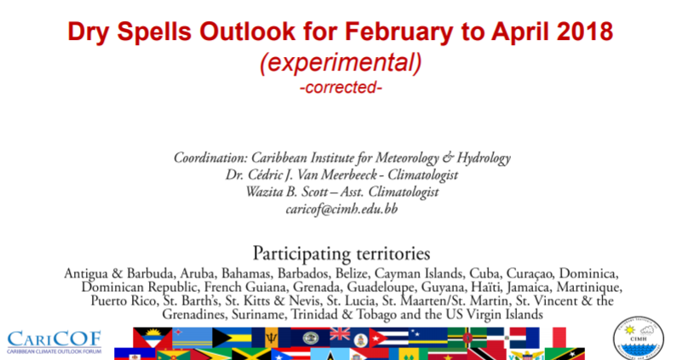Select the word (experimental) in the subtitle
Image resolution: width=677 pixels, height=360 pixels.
[341, 63]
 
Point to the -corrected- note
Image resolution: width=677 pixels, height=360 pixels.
[341, 88]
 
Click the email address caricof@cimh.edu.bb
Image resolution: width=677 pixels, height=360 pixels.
[341, 209]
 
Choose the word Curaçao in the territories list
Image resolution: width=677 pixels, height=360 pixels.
[530, 274]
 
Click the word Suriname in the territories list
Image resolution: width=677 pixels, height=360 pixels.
[258, 314]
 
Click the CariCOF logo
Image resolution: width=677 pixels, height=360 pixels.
[55, 342]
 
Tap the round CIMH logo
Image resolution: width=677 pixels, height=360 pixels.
[638, 339]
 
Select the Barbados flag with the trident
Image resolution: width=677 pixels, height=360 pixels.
[272, 337]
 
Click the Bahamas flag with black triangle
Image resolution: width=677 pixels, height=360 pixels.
[232, 337]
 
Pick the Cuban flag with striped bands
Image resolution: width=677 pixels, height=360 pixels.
[388, 337]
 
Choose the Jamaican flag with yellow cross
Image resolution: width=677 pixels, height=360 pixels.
[251, 354]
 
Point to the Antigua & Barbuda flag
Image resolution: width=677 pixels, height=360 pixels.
[152, 337]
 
